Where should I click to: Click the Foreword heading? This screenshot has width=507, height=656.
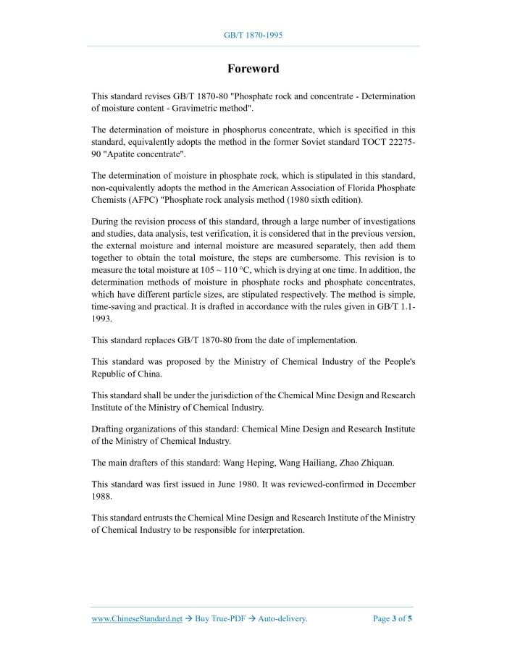[253, 69]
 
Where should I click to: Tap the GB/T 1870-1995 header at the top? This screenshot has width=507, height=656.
[253, 35]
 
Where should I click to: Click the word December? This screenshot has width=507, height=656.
[395, 484]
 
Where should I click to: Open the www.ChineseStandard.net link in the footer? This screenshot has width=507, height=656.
[137, 618]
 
